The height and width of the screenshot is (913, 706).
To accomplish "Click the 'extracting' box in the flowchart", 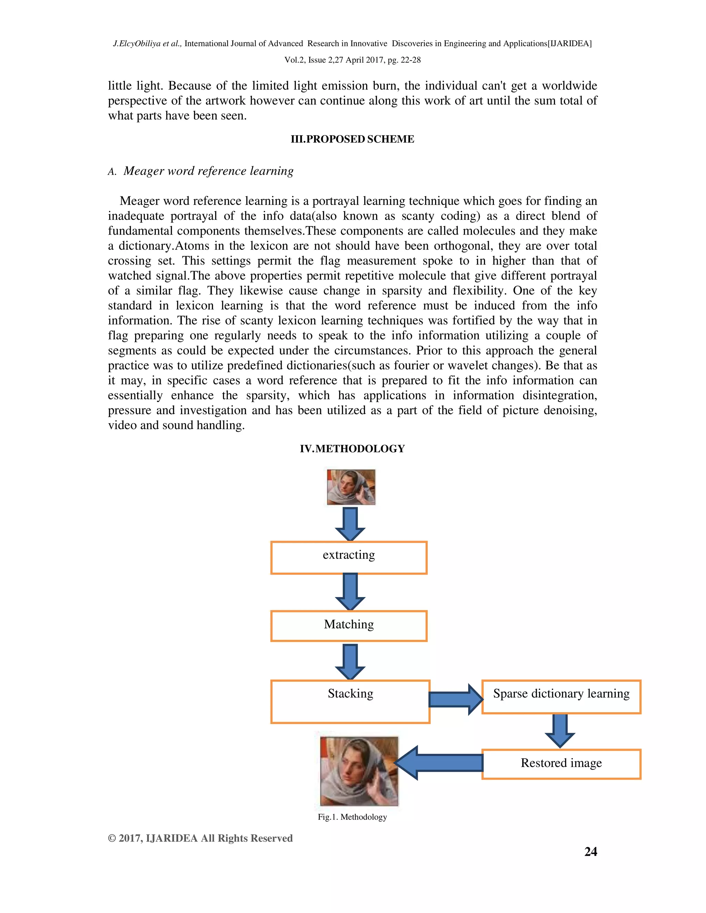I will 349,557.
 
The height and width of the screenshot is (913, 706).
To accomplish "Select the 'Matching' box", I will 349,626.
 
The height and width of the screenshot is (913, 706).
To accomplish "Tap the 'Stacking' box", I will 350,701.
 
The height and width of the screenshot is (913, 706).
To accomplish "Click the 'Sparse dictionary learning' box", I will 561,696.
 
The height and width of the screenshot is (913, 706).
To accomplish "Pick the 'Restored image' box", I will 561,764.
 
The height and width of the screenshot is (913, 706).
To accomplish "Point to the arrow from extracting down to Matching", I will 350,592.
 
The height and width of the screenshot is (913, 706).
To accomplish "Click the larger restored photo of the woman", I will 359,771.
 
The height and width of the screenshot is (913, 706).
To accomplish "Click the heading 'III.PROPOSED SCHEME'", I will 352,139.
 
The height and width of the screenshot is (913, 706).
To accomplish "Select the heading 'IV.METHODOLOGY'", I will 352,449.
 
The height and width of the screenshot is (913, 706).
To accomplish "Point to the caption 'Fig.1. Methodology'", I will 352,817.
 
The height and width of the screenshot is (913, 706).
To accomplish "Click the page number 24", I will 590,852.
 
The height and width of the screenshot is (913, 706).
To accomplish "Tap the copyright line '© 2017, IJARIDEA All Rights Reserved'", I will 200,838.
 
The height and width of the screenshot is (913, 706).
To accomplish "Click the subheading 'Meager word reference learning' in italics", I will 208,171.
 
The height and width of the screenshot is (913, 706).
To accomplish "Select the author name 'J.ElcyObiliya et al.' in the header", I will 147,43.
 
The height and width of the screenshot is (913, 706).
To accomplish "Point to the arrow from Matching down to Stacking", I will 350,661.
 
